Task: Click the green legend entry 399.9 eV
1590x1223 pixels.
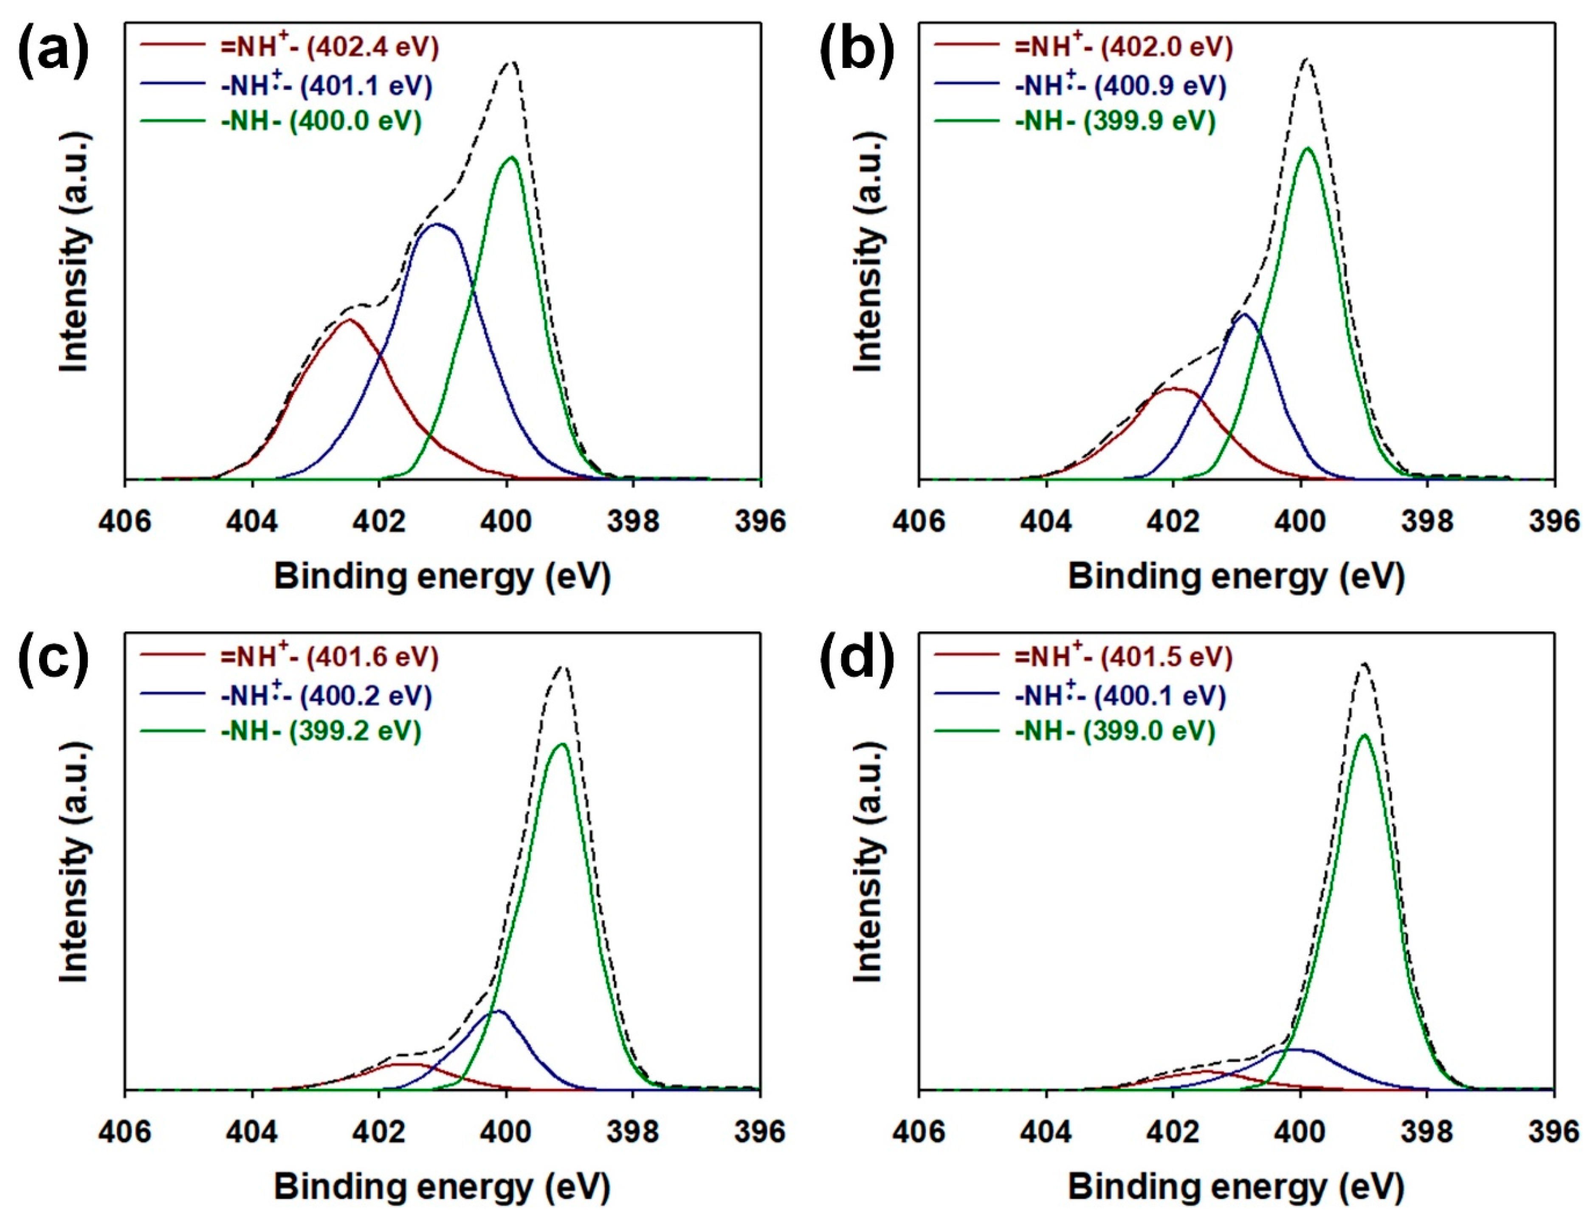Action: point(1115,121)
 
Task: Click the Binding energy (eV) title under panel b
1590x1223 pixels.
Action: point(1235,577)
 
